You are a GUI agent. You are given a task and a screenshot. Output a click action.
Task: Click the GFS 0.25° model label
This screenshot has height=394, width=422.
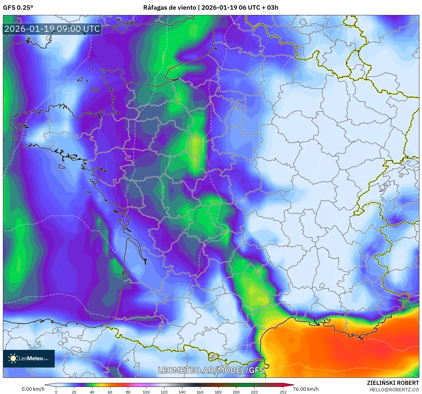[x=18, y=8]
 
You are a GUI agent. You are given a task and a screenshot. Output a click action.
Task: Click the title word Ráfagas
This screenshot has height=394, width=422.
[x=155, y=8]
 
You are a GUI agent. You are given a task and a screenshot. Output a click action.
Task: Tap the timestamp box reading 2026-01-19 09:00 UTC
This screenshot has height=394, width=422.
[x=52, y=29]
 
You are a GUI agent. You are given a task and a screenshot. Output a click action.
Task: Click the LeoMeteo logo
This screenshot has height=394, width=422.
[x=29, y=358]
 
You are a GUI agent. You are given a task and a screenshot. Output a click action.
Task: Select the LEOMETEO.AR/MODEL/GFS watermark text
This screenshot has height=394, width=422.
[x=211, y=370]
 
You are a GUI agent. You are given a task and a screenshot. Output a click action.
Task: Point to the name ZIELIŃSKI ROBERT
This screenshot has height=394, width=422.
[x=393, y=383]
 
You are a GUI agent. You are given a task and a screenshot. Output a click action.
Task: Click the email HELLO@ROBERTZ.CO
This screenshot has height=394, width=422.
[x=394, y=390]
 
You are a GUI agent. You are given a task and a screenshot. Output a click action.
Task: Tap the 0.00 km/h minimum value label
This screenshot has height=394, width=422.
[x=33, y=389]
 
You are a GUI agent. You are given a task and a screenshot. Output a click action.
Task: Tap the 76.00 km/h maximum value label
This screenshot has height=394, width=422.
[x=306, y=389]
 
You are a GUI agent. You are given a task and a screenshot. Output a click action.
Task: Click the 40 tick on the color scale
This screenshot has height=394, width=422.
[x=92, y=392]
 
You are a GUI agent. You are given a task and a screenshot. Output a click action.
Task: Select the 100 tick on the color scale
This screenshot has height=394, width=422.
[x=146, y=392]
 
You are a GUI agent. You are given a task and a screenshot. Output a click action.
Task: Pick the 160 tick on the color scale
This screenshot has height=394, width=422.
[x=200, y=392]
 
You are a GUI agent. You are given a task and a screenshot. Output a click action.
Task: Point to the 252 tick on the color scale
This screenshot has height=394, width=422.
[x=283, y=392]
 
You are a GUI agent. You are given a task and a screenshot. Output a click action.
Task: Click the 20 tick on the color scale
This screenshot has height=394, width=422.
[x=74, y=392]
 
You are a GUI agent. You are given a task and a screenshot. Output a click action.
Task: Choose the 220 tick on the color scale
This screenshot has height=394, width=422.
[x=254, y=392]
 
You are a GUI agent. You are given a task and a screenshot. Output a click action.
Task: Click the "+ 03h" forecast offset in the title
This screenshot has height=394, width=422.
[x=270, y=8]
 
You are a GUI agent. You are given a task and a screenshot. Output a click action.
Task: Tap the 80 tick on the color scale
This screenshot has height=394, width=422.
[x=128, y=392]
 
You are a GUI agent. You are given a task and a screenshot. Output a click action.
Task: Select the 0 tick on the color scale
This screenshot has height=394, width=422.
[x=56, y=392]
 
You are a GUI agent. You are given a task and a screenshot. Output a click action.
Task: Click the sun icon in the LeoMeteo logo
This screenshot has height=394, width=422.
[x=13, y=358]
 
